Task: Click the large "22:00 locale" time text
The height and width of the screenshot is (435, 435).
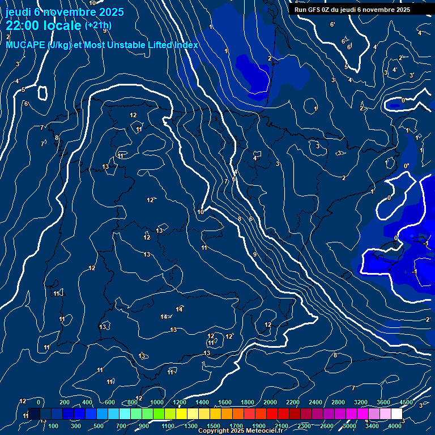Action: coord(43,25)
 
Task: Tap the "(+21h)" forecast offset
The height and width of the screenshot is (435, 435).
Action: coord(98,25)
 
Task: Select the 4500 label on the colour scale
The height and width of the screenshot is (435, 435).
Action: coord(406,402)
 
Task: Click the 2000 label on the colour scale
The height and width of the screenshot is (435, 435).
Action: coord(270,402)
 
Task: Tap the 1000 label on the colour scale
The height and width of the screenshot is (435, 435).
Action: coord(157,402)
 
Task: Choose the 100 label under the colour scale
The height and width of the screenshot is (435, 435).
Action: coord(53,426)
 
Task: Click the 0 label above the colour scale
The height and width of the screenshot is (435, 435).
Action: coord(38,402)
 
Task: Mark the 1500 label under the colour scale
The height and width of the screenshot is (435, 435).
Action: coord(214,426)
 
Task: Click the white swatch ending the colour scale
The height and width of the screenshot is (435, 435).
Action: coord(396,414)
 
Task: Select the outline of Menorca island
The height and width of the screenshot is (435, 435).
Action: coord(420,238)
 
